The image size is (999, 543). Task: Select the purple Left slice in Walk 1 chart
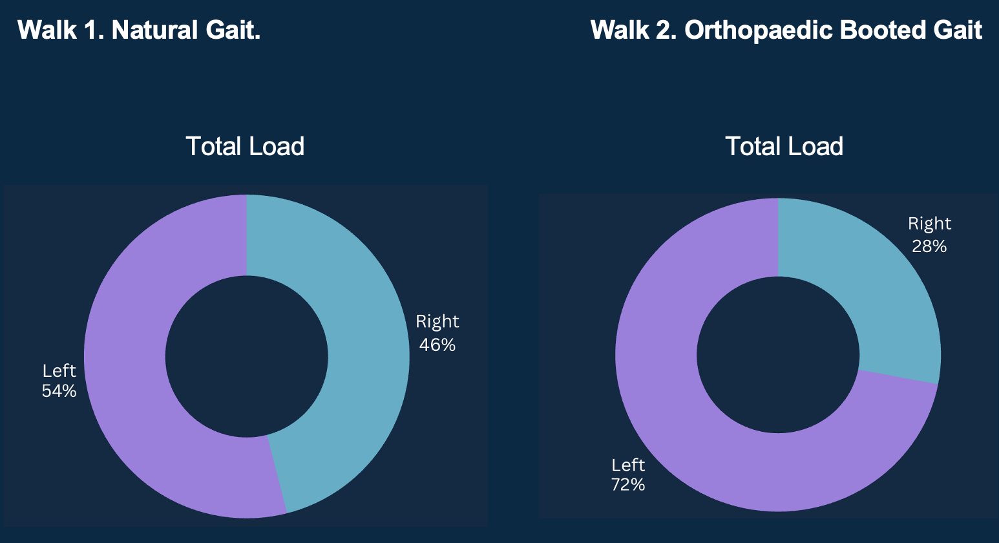(126, 362)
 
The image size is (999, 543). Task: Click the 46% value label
(437, 345)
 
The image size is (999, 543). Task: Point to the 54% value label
(59, 391)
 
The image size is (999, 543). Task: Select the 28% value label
(929, 246)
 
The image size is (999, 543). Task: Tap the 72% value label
(627, 485)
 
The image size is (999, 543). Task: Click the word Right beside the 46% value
(437, 321)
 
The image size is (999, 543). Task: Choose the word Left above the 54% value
(59, 370)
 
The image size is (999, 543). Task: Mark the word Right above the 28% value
(929, 224)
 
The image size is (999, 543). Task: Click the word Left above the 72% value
(628, 465)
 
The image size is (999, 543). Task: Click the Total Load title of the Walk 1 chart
(245, 147)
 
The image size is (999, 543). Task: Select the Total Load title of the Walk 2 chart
(784, 147)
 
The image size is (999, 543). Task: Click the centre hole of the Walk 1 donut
(246, 356)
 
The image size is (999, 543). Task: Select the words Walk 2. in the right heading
(633, 30)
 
